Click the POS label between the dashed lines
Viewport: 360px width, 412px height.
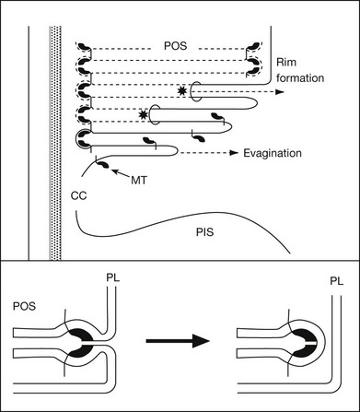click(175, 46)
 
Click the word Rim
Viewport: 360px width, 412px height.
click(286, 63)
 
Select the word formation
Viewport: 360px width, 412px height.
click(300, 78)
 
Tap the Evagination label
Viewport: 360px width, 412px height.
click(273, 153)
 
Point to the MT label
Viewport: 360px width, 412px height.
click(139, 181)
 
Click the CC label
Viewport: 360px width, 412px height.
click(78, 195)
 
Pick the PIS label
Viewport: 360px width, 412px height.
click(204, 232)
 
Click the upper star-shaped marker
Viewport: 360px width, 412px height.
click(182, 91)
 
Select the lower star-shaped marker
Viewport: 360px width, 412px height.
click(143, 114)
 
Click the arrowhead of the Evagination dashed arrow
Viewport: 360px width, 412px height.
click(235, 153)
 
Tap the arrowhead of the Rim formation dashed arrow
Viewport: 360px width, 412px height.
click(279, 92)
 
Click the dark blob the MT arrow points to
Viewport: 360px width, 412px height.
click(103, 165)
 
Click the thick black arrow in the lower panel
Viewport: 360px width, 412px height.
click(178, 341)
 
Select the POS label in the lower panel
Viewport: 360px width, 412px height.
click(24, 306)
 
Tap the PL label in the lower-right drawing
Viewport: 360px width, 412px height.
click(337, 281)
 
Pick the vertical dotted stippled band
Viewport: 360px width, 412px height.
click(55, 143)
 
